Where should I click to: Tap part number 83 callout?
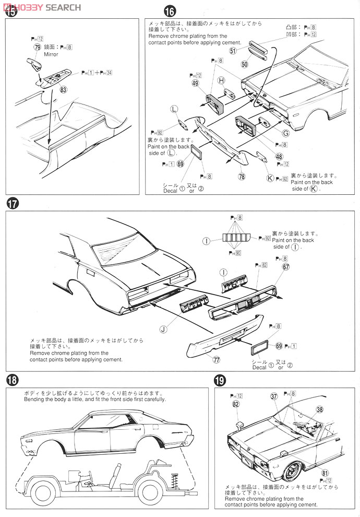pyautogui.click(x=64, y=89)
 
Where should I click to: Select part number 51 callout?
pyautogui.click(x=233, y=51)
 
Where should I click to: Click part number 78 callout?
pyautogui.click(x=242, y=177)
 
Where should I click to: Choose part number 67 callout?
pyautogui.click(x=286, y=267)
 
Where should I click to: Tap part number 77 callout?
pyautogui.click(x=217, y=359)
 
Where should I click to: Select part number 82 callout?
pyautogui.click(x=236, y=405)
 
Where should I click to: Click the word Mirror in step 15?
pyautogui.click(x=51, y=54)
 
